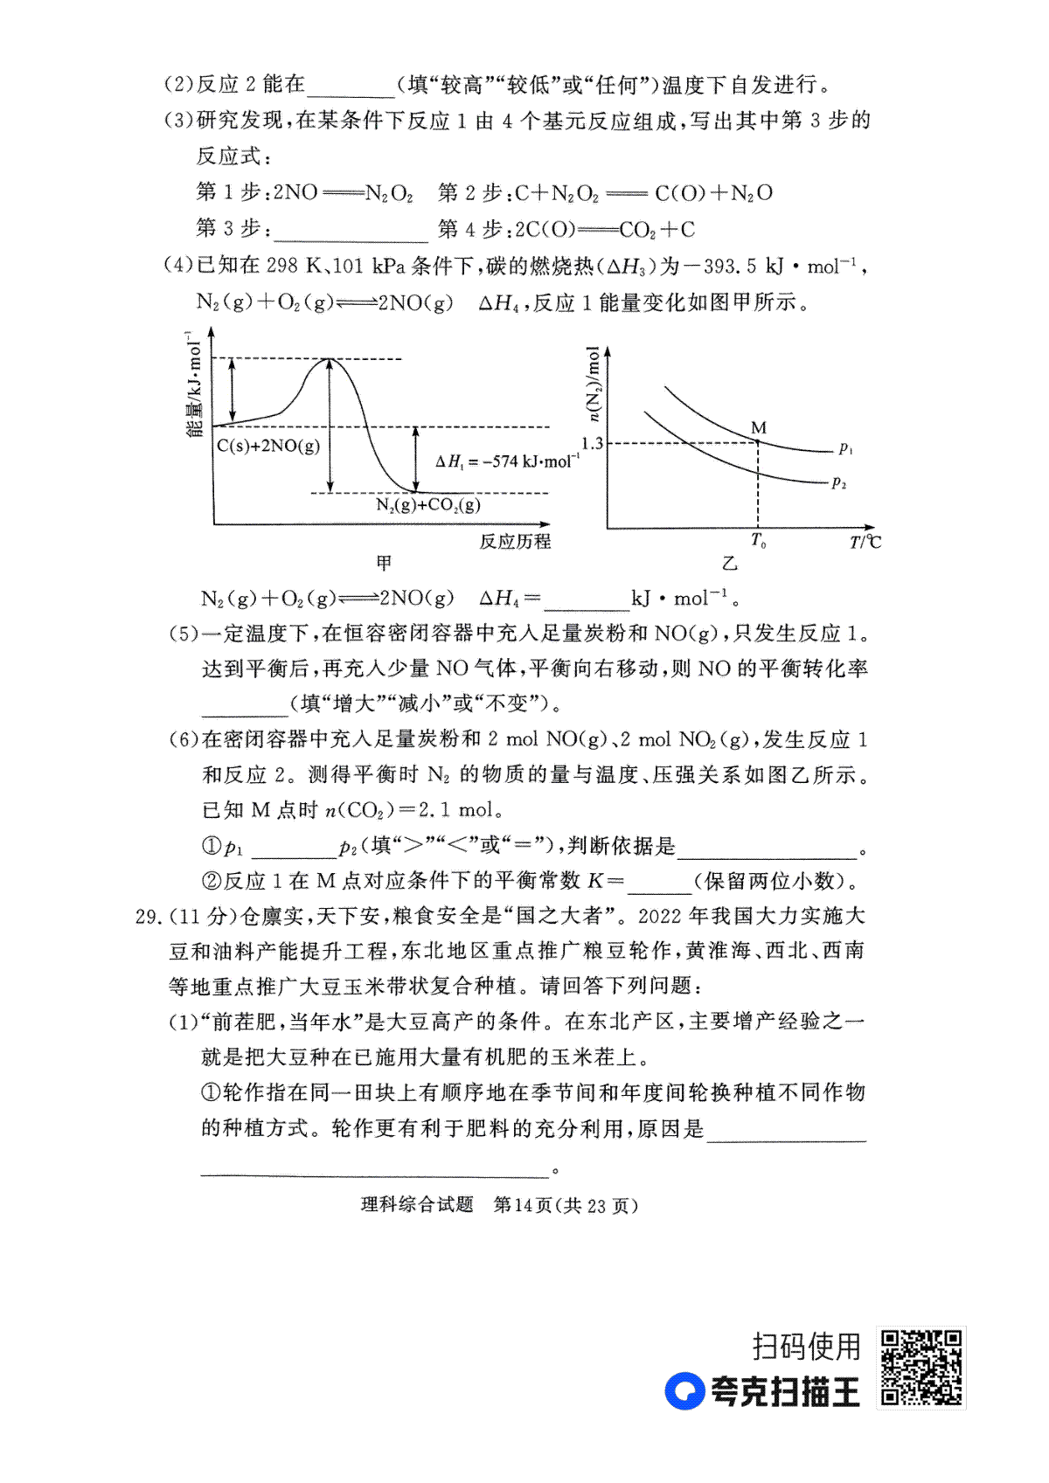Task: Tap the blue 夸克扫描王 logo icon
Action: [x=684, y=1391]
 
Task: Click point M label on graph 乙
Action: [x=758, y=428]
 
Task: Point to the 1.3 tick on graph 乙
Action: [x=592, y=443]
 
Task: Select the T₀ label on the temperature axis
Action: [x=758, y=542]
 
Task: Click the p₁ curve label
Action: [x=845, y=449]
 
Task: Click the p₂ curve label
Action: [x=839, y=482]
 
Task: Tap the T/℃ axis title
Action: [x=865, y=542]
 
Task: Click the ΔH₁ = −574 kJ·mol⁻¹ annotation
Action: [x=507, y=461]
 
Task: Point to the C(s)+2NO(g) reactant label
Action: [x=268, y=446]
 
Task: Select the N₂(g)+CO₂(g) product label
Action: [x=428, y=505]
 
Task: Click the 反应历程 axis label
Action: [x=515, y=542]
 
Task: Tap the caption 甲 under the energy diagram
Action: [x=384, y=563]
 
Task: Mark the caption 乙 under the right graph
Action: [x=730, y=563]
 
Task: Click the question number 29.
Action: [x=149, y=916]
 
